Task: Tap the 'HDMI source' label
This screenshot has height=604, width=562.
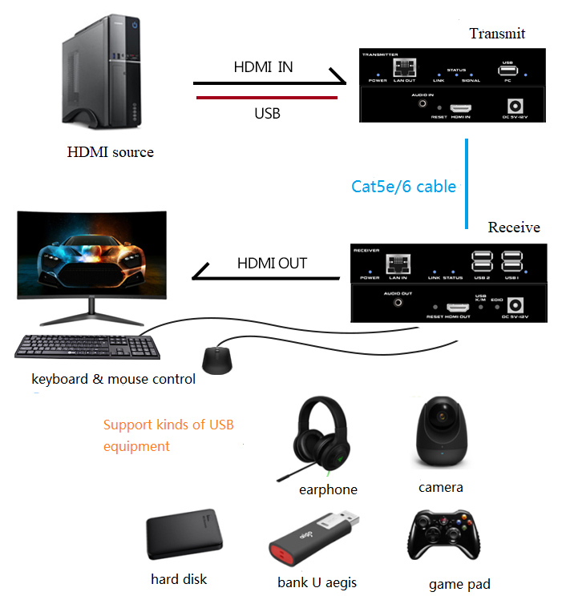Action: pos(110,152)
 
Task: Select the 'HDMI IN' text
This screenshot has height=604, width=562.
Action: pos(263,67)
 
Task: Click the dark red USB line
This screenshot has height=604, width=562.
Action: pos(265,99)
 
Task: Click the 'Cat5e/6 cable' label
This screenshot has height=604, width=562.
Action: pos(403,187)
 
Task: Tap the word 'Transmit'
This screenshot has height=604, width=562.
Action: pos(497,33)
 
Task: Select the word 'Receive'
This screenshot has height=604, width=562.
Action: pos(514,228)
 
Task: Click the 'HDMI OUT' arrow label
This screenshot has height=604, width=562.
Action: pos(272,263)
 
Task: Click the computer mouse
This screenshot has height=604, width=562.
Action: pos(217,360)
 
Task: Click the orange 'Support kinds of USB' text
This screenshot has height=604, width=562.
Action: pos(168,425)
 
